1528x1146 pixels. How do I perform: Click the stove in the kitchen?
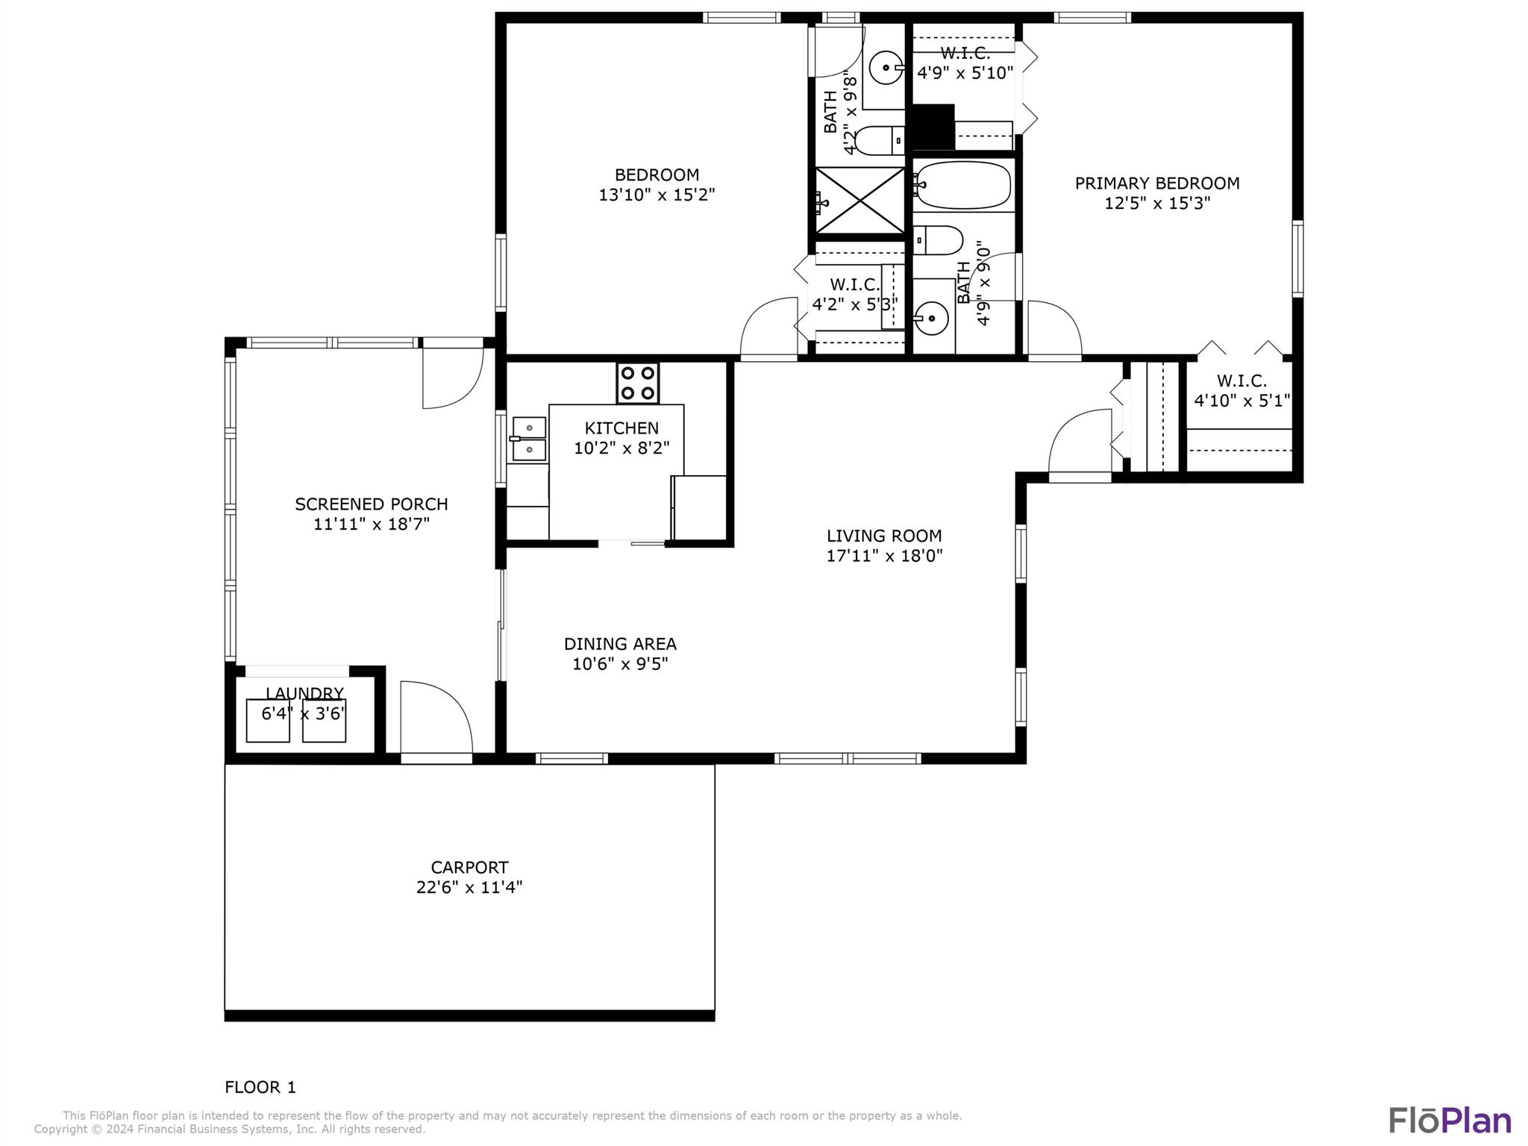637,383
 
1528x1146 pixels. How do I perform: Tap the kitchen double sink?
527,439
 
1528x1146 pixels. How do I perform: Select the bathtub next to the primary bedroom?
962,185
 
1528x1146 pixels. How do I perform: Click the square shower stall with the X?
859,200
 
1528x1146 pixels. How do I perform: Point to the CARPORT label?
469,867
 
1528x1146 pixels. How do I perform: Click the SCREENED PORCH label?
372,504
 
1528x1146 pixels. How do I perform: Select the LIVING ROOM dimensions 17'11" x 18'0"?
884,555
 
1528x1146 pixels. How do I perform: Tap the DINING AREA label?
620,643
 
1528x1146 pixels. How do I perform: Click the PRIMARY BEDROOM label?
1157,183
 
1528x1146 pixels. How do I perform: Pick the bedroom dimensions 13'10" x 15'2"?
657,195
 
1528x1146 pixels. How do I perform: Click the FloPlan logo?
1450,1121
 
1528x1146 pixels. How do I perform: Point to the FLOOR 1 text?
260,1087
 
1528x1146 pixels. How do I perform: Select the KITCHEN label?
621,428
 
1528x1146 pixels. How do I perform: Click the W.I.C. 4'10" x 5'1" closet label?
1242,391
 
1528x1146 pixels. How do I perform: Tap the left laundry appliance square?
268,721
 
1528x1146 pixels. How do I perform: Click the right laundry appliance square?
324,721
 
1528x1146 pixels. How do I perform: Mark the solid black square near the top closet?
933,127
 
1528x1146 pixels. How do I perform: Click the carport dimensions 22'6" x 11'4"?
469,887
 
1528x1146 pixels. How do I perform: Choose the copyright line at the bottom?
230,1130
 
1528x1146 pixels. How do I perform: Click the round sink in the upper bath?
886,68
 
